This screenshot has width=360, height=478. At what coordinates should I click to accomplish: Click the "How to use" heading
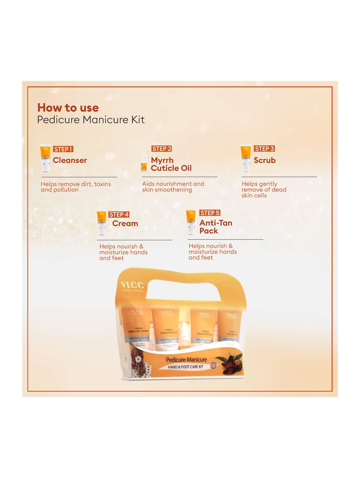68,108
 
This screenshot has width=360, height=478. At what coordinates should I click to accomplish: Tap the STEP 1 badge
63,149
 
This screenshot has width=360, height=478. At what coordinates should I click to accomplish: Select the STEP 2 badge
162,149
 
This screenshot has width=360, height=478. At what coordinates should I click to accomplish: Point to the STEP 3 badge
264,149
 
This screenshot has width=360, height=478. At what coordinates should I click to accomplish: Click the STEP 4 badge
119,214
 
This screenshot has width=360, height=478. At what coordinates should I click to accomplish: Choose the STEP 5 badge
210,213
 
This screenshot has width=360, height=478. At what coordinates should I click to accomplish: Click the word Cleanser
70,160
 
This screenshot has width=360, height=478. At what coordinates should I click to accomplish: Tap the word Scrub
264,160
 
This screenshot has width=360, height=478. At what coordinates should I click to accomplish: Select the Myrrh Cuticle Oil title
171,164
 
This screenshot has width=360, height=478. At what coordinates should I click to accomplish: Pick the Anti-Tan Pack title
216,227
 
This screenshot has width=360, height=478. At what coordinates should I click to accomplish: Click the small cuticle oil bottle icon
144,163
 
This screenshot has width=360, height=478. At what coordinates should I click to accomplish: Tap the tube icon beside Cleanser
45,158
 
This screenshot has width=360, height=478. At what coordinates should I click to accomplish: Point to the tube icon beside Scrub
246,157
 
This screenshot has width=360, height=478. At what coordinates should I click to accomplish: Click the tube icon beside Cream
102,222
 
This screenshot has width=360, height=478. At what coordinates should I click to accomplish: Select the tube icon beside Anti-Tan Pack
191,221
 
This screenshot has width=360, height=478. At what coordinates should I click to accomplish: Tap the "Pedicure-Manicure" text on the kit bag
186,360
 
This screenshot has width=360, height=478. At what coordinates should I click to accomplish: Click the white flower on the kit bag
138,359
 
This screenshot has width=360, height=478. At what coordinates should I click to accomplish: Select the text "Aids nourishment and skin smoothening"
173,187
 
